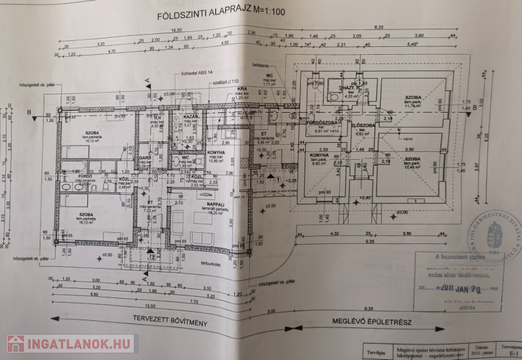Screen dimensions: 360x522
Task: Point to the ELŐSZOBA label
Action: tap(361, 124)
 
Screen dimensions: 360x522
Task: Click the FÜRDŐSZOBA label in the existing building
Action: tap(320, 123)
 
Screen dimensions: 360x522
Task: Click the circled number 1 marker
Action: tap(278, 178)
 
